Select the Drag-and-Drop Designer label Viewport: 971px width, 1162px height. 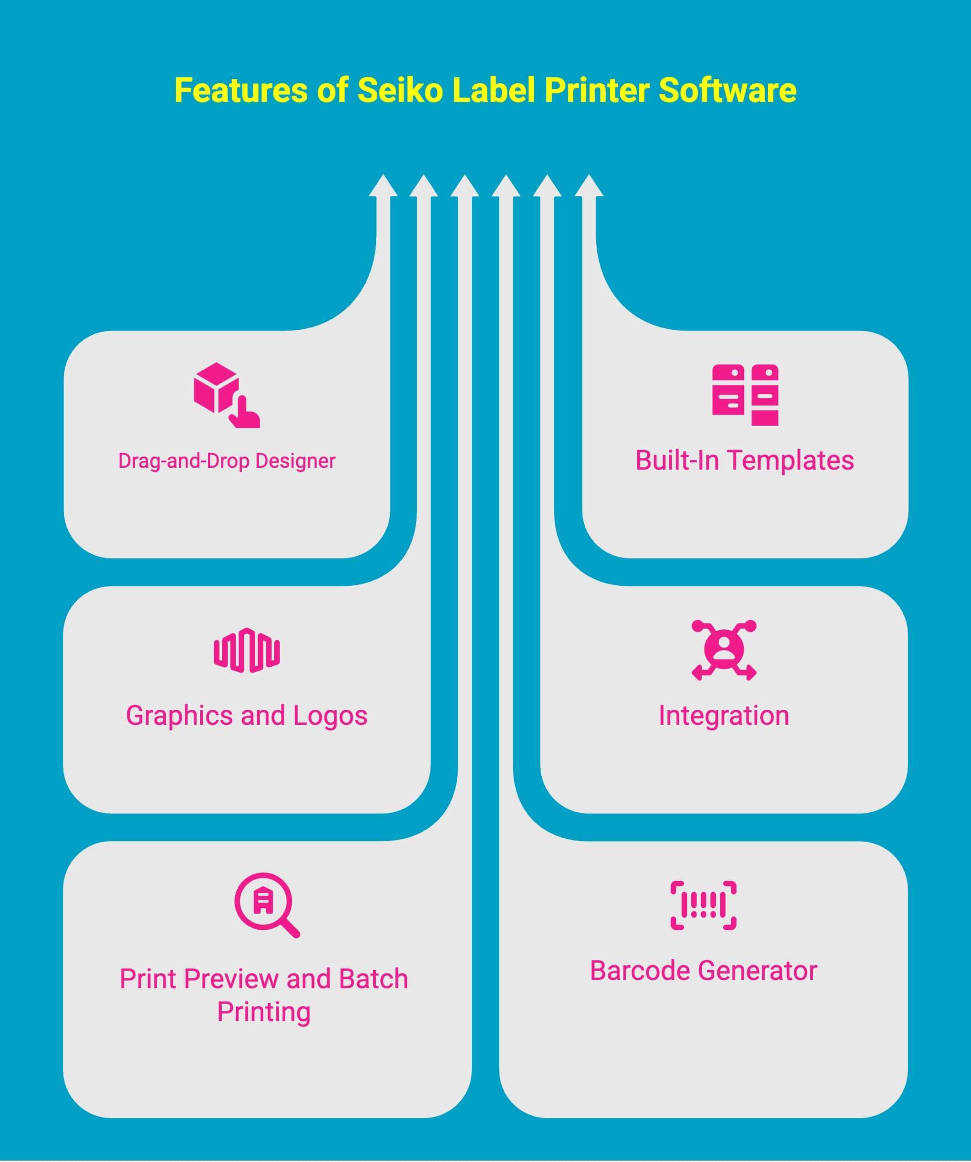coord(227,461)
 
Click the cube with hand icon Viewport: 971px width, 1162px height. coord(226,395)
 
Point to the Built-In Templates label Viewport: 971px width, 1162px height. coord(744,461)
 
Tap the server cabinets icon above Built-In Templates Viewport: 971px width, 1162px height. coord(745,395)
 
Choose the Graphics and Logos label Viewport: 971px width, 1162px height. coord(247,716)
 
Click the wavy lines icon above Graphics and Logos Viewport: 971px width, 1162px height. coord(247,650)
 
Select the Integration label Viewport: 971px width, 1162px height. coord(724,716)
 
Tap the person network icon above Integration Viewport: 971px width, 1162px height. coord(724,650)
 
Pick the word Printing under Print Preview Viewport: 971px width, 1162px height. coord(264,1012)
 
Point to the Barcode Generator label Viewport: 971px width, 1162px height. coord(703,970)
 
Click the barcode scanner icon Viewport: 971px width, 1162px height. coord(703,905)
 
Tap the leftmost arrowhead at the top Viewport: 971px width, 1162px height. coord(383,187)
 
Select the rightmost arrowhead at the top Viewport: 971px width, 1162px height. coord(589,187)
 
